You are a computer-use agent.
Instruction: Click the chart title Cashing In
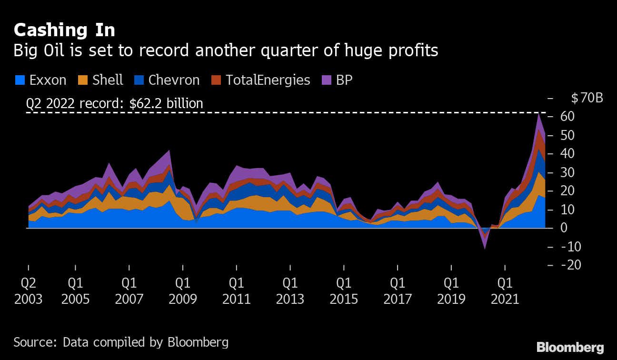click(x=64, y=30)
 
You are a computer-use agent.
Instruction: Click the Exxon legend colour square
click(x=20, y=80)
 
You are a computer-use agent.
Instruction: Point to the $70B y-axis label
click(x=587, y=99)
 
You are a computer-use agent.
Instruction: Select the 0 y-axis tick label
click(x=564, y=228)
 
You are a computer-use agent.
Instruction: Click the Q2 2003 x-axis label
click(x=28, y=291)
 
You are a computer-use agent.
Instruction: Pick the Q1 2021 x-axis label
click(x=505, y=291)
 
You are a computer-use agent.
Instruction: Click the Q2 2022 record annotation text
click(x=115, y=104)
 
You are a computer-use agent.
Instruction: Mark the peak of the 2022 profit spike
click(x=538, y=113)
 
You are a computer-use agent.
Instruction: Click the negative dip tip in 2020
click(x=485, y=249)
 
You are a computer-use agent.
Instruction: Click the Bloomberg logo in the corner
click(x=570, y=347)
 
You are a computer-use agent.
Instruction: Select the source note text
click(x=121, y=342)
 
